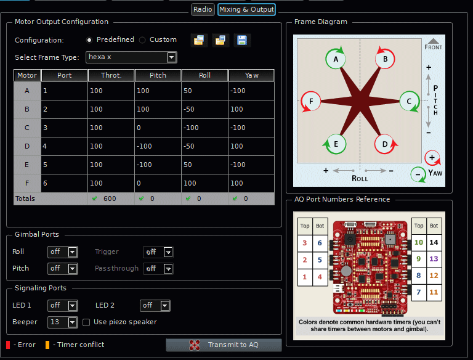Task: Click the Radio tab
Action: point(203,9)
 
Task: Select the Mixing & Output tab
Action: point(246,9)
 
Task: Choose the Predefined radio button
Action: point(90,40)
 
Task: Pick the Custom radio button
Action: point(143,40)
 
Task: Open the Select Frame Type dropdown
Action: point(132,57)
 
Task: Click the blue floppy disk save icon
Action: point(242,41)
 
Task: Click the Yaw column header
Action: point(251,75)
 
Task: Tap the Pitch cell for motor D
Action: point(158,146)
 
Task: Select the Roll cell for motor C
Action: point(204,128)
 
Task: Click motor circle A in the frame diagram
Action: point(336,59)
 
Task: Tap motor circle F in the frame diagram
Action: point(311,100)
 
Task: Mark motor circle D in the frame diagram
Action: point(385,144)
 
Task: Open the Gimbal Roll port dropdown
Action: point(63,252)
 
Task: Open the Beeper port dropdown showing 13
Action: point(63,322)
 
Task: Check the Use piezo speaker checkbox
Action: point(87,322)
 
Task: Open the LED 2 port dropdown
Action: point(155,306)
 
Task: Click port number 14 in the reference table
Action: point(434,243)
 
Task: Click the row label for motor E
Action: point(27,165)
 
